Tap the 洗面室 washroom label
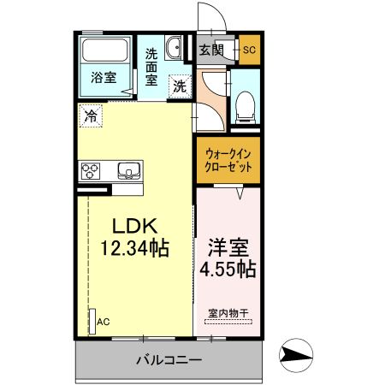[151, 67]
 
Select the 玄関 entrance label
[211, 49]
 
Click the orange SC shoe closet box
[249, 49]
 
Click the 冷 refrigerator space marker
[91, 114]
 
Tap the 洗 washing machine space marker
[180, 86]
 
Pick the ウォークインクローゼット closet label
[228, 160]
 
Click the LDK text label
[133, 227]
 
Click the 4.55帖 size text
[227, 270]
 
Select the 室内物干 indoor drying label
[227, 314]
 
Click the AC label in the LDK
[103, 322]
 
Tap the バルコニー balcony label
[169, 360]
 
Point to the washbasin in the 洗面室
[174, 49]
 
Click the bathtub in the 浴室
[104, 52]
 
